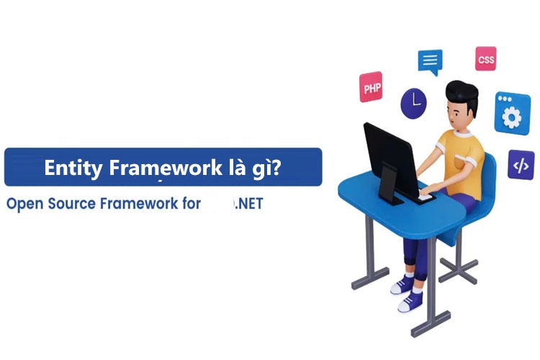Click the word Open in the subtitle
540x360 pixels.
tap(24, 204)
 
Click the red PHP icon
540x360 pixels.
tap(372, 88)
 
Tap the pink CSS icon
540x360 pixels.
tap(485, 59)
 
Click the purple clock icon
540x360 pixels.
tap(414, 102)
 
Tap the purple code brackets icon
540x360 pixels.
tap(520, 165)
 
